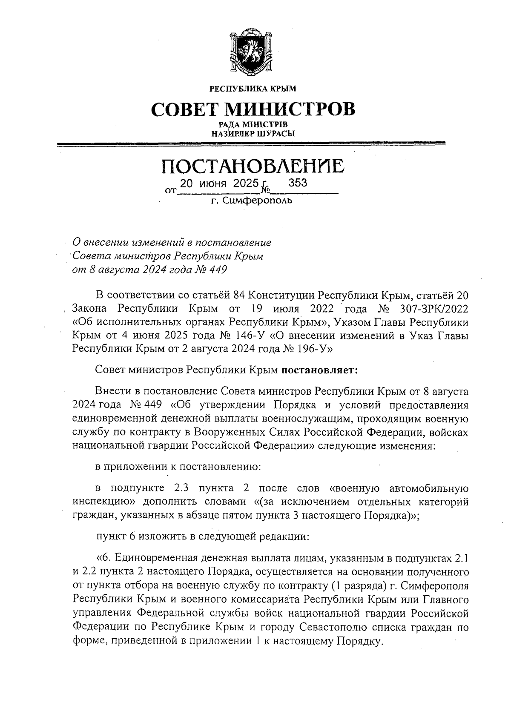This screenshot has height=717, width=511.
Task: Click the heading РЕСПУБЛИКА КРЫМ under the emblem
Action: (253, 89)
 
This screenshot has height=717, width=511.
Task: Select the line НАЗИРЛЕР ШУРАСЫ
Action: (253, 133)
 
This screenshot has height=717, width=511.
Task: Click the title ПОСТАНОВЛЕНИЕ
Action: (253, 166)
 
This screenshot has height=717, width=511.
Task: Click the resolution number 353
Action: (298, 183)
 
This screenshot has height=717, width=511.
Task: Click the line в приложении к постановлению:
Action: (178, 467)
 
